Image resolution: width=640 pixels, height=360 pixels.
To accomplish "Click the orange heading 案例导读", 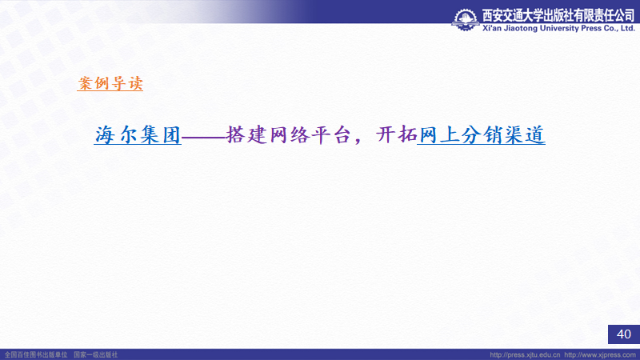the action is tap(110, 83).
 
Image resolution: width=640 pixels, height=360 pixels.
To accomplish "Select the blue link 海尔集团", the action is tap(138, 134).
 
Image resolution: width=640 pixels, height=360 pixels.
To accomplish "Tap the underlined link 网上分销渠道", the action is tap(482, 134).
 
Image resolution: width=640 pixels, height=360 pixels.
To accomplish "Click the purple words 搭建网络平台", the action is tap(288, 134).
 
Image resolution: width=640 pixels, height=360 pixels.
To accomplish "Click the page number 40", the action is tap(624, 334).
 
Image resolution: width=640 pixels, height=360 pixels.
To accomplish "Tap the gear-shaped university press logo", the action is tap(466, 19).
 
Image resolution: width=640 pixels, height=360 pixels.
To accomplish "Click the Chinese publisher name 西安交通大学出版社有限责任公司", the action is tap(558, 15).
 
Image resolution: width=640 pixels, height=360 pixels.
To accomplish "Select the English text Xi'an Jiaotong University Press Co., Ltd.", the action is tap(558, 28).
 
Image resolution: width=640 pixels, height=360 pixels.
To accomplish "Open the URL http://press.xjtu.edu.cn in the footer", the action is tap(525, 354).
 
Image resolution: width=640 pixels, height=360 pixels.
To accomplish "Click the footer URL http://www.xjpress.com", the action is tap(600, 354).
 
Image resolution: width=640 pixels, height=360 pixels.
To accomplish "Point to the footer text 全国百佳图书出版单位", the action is tap(36, 354).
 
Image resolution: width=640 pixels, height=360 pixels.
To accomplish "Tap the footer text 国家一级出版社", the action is tap(95, 354).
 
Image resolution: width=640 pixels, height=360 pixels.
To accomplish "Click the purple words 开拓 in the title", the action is tap(396, 134).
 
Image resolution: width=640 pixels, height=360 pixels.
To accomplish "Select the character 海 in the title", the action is tap(105, 134).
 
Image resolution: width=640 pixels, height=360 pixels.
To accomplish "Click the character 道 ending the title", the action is tap(535, 134).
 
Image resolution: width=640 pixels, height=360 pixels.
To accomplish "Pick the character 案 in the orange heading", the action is tap(86, 83).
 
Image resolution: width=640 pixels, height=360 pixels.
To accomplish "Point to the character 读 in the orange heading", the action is tap(135, 83).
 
